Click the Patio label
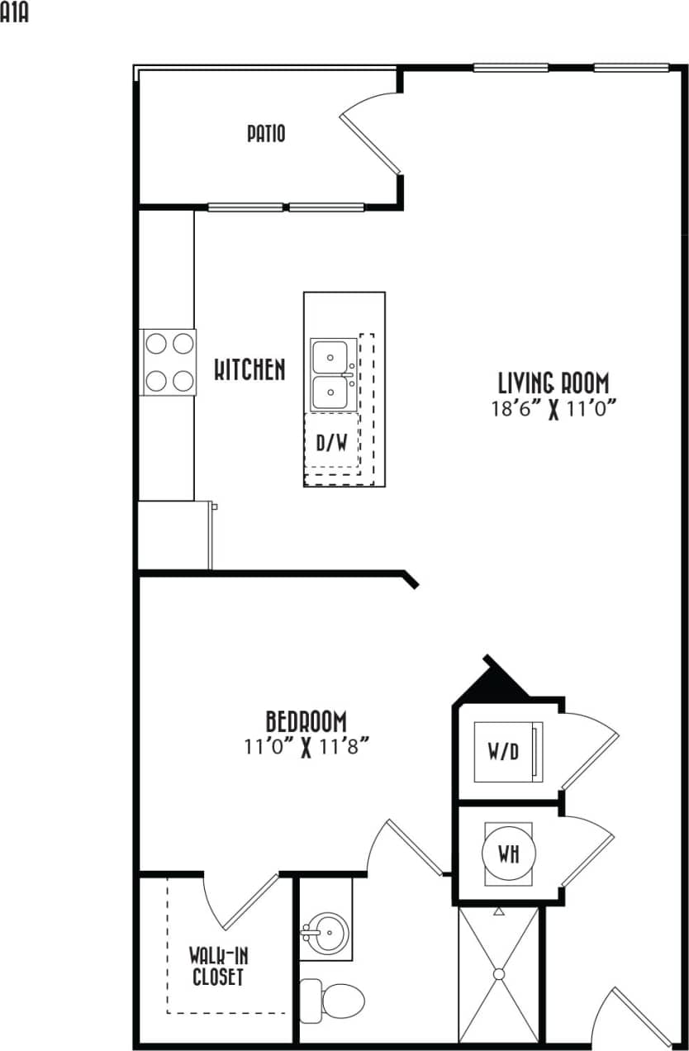[x=266, y=133]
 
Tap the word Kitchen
[x=249, y=369]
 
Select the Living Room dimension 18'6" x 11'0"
[x=554, y=409]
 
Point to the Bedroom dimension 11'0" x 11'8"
[x=306, y=747]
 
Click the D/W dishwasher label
[x=331, y=442]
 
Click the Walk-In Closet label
[x=218, y=967]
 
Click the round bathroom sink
[x=328, y=934]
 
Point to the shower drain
[x=499, y=974]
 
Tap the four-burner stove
[x=169, y=361]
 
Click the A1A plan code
[x=14, y=13]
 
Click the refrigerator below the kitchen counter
[x=173, y=535]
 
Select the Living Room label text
[x=554, y=383]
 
